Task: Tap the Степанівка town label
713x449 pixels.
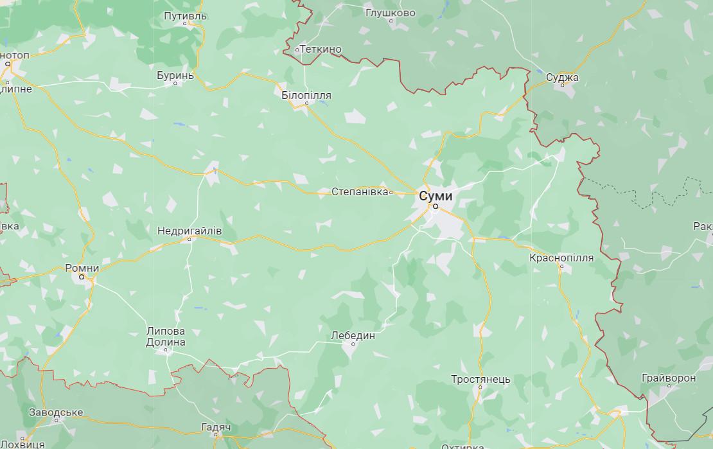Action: click(360, 191)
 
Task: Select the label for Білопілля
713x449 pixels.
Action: click(306, 95)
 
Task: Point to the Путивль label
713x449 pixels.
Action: click(185, 15)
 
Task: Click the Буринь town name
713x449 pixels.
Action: click(175, 75)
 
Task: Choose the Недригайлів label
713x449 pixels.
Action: click(189, 230)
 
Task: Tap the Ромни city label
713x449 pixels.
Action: click(82, 268)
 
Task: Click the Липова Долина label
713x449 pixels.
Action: click(166, 337)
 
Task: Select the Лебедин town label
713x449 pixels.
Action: click(353, 335)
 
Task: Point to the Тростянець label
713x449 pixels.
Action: click(480, 379)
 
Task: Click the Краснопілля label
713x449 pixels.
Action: click(561, 258)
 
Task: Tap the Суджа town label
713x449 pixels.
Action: click(562, 78)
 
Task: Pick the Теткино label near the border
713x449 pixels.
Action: click(321, 49)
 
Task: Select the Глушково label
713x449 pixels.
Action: click(390, 12)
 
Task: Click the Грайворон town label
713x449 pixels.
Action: click(668, 378)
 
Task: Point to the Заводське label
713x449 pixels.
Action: click(56, 412)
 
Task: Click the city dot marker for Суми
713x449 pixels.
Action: click(435, 207)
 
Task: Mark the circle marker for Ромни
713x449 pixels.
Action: click(82, 277)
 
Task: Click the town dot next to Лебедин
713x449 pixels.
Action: click(353, 343)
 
